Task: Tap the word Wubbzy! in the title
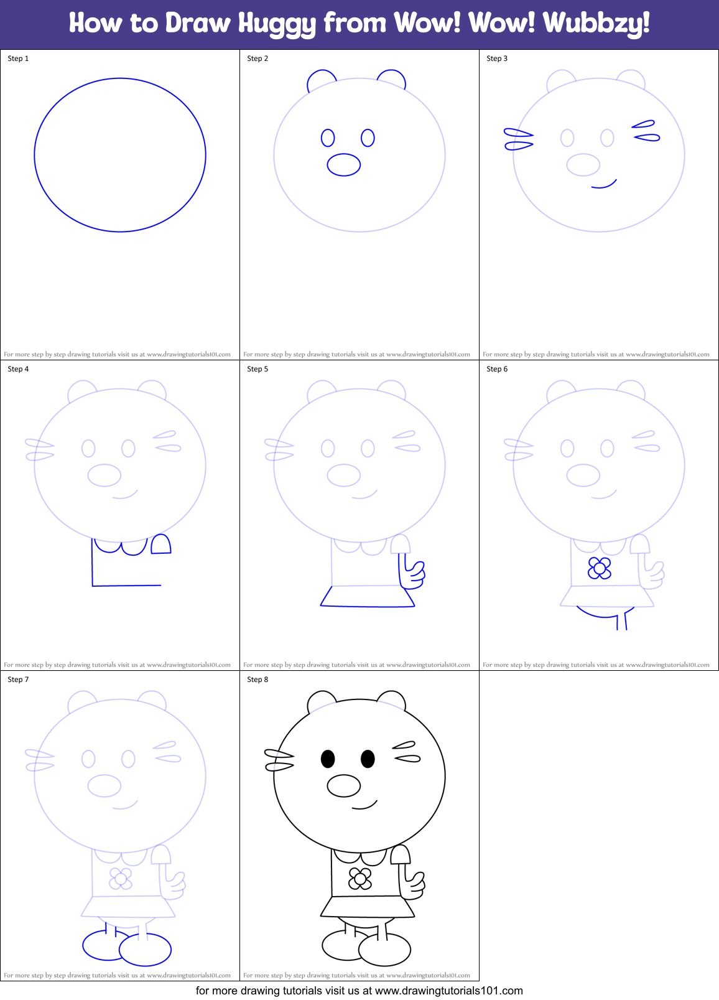[x=596, y=24]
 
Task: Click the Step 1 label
[x=18, y=58]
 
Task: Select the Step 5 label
[x=257, y=369]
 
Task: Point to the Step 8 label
[x=257, y=680]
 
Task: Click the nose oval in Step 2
[x=344, y=165]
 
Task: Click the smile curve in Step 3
[x=603, y=185]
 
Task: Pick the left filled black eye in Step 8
[x=328, y=759]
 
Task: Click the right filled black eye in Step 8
[x=368, y=759]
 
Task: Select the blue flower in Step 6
[x=600, y=568]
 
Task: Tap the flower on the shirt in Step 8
[x=359, y=879]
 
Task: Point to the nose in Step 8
[x=344, y=786]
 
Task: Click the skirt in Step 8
[x=367, y=907]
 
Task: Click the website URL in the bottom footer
[x=448, y=991]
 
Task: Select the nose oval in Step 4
[x=104, y=475]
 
